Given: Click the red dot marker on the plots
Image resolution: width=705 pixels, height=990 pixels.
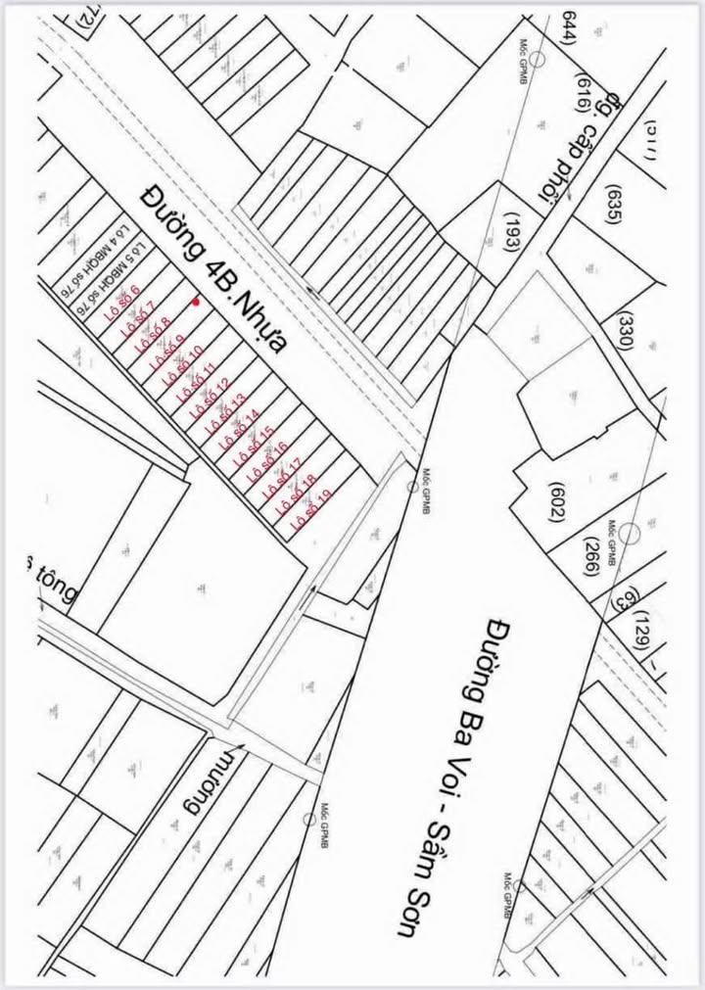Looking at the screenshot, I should (197, 302).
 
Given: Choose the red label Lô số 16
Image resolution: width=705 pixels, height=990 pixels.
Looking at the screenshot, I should (264, 460).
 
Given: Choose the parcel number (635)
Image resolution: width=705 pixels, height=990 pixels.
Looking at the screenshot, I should (615, 204).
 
